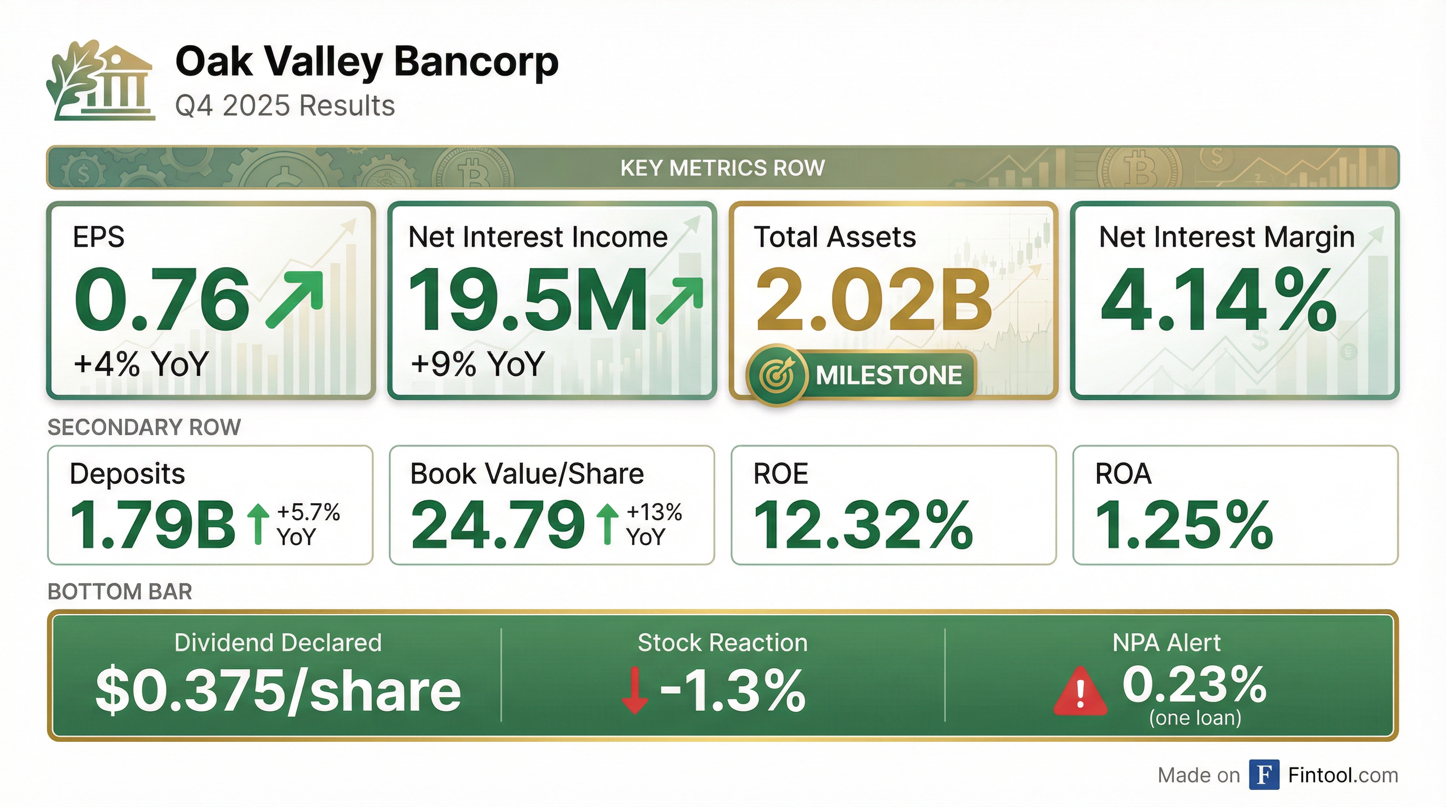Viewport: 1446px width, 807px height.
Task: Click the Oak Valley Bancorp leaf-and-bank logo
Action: click(x=100, y=80)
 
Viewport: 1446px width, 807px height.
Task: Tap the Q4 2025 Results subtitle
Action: click(x=285, y=106)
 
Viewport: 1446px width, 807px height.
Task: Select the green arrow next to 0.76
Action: click(x=295, y=299)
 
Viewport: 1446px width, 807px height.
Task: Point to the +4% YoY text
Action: click(x=141, y=363)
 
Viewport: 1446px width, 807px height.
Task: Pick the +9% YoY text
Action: click(x=478, y=363)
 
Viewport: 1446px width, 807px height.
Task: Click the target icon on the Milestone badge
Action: click(x=776, y=375)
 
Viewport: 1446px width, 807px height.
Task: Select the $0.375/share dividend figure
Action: click(x=278, y=691)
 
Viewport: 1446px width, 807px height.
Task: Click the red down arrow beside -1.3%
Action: click(x=635, y=690)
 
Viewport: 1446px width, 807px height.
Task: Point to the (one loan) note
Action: click(x=1195, y=718)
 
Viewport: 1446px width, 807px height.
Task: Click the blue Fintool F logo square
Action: click(x=1264, y=774)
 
